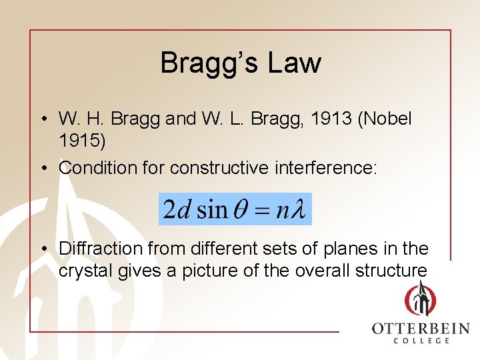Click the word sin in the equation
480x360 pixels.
click(212, 210)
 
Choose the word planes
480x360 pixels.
click(350, 249)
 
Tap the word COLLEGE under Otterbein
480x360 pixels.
click(421, 341)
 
